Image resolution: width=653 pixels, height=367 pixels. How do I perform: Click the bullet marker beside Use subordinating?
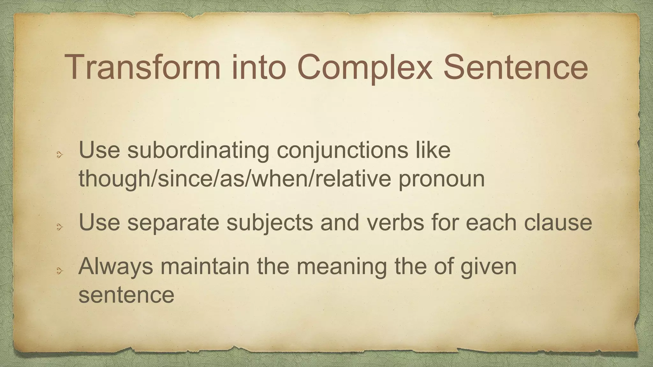point(59,155)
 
